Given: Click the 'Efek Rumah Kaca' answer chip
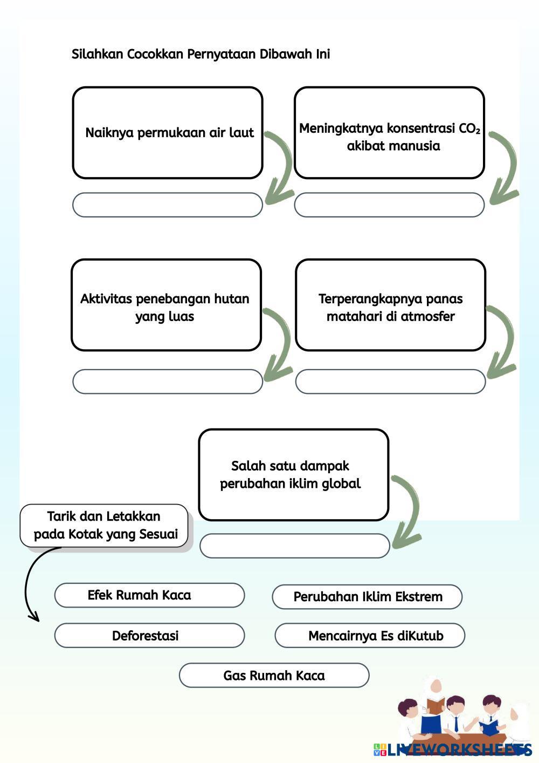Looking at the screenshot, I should (x=149, y=595).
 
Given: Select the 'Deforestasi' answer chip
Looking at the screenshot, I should (x=149, y=636).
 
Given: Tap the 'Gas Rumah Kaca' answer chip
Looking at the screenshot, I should (x=274, y=676).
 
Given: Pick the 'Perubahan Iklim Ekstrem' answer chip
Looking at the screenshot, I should (x=367, y=597).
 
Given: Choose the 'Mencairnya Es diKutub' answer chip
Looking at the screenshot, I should (x=370, y=636).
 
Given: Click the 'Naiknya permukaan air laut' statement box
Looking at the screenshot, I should (x=168, y=133).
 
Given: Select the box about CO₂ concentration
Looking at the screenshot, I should (x=389, y=133).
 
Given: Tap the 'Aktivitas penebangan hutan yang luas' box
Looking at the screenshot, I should (x=166, y=305).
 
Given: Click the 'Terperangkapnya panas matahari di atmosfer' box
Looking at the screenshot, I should (x=390, y=305).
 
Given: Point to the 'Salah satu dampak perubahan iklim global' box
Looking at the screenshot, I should (x=293, y=475).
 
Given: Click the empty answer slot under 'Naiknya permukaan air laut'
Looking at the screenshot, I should (x=168, y=205).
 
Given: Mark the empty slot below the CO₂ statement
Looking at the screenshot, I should (x=389, y=205).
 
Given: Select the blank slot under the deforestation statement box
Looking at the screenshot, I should (x=168, y=381).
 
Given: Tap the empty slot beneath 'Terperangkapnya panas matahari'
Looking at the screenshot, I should (x=390, y=381).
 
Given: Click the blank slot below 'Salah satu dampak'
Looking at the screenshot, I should (x=294, y=546).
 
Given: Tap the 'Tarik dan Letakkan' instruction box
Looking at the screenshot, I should (x=104, y=526).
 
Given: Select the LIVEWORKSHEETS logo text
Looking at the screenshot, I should (x=458, y=749).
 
